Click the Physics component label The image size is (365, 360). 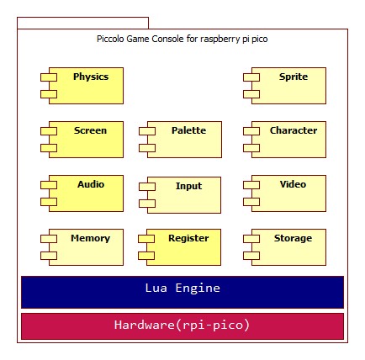pos(91,77)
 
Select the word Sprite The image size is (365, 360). pos(294,77)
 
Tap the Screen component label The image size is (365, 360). pos(90,130)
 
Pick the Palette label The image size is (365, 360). pos(188,130)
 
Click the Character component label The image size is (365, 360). pos(294,130)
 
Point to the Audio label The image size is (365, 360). pos(91,184)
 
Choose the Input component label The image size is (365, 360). pos(188,187)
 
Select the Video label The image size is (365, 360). pos(293,184)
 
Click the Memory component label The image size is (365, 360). pos(90,238)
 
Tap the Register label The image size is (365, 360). pos(188,239)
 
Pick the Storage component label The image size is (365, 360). pos(293,239)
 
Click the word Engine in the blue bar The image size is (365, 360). pos(198,289)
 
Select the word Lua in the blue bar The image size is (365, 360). pos(156,288)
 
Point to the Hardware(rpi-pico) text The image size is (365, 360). pos(182,325)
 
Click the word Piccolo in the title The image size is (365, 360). pos(110,39)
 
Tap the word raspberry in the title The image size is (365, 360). pos(220,39)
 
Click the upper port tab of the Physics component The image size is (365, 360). pos(49,77)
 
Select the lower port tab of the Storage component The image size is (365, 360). pos(251,256)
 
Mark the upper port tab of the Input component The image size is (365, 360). pos(147,187)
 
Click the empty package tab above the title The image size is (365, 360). pos(82,23)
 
